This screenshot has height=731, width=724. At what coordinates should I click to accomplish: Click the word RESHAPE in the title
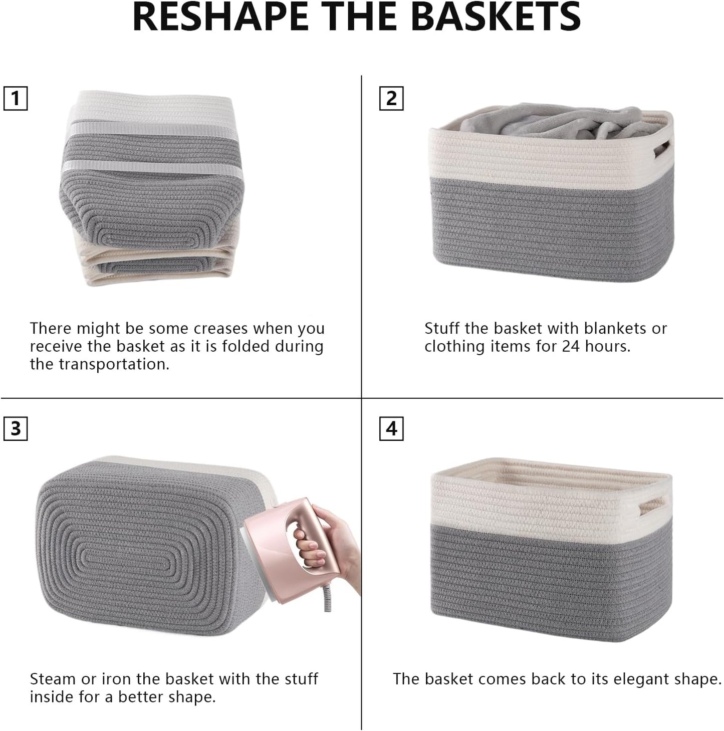(x=218, y=17)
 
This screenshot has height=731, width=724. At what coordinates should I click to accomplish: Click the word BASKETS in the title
(x=499, y=17)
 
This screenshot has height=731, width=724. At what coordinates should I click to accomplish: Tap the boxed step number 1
(x=16, y=98)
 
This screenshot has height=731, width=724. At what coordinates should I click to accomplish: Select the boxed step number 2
(x=391, y=98)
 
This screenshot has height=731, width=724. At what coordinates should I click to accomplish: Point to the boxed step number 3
(x=16, y=429)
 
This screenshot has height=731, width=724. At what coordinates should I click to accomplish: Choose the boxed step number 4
(x=391, y=429)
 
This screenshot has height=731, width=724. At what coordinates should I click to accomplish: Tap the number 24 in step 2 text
(x=570, y=347)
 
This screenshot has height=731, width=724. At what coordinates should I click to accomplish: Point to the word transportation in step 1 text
(x=119, y=364)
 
